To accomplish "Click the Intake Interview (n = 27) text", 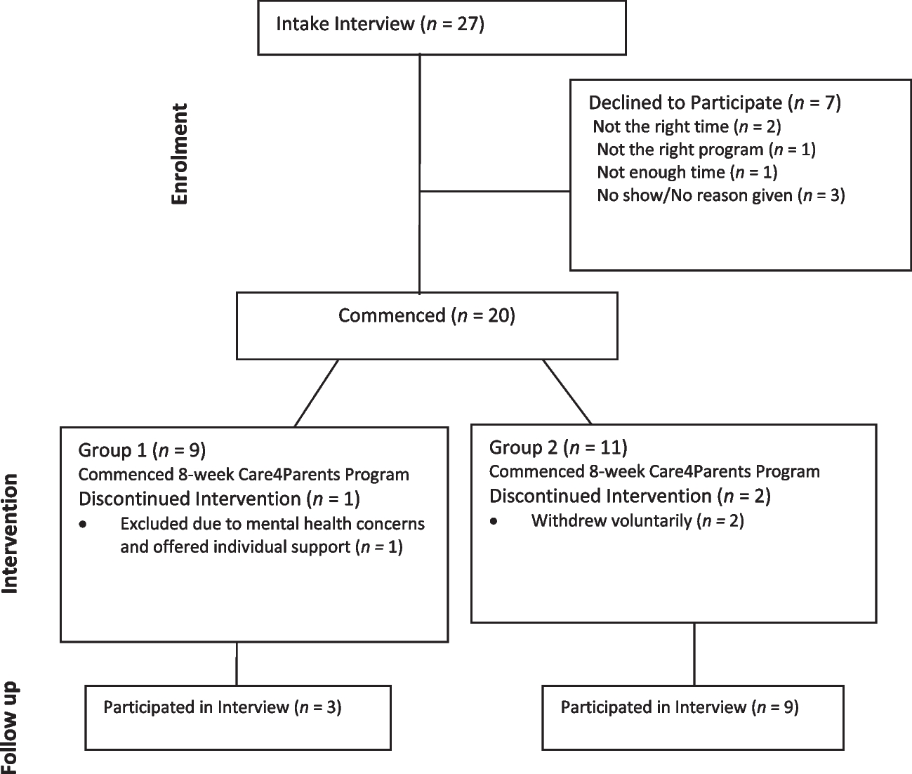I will point(380,25).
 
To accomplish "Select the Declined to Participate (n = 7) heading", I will point(714,103).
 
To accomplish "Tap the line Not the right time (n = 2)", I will point(687,126).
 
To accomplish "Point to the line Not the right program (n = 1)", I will point(706,150).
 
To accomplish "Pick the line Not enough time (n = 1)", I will point(687,172).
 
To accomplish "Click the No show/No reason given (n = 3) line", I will point(720,195).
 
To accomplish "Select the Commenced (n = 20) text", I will point(426,315).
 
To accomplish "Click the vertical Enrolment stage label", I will point(180,154).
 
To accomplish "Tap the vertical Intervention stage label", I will point(10,534).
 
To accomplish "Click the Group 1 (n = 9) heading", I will point(142,450).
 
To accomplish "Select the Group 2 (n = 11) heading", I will point(558,447).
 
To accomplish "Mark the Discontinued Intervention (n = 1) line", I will point(219,499).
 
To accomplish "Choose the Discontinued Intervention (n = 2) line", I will point(630,496).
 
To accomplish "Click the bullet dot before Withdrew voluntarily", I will point(495,522).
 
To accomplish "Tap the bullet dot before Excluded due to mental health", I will point(84,525).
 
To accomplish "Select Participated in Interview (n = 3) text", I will point(222,707).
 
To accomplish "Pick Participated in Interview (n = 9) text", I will point(679,707).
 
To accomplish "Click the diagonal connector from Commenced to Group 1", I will point(317,393).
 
